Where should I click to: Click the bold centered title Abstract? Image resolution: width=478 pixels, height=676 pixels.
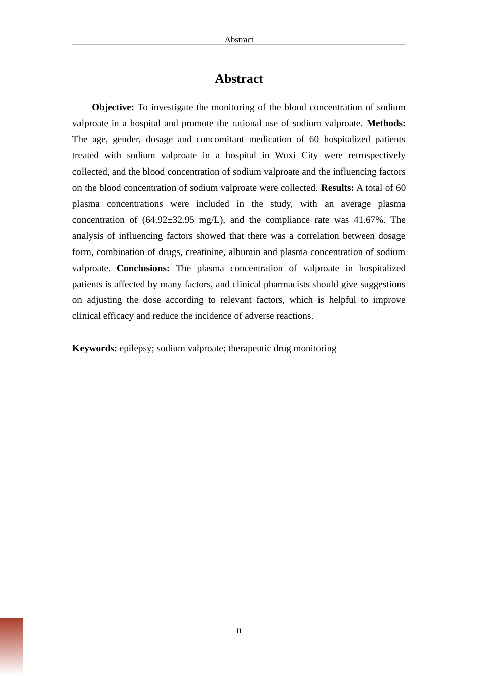click(x=238, y=79)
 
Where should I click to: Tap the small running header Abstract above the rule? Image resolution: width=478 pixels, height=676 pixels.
click(x=238, y=40)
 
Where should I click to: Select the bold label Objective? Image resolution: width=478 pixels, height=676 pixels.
click(x=113, y=107)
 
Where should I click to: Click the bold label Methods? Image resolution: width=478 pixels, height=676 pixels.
click(x=386, y=123)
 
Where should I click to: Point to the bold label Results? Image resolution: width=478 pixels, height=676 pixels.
click(x=337, y=188)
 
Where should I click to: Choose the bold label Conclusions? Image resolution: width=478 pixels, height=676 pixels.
click(x=143, y=268)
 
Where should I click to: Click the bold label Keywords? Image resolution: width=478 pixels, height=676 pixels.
click(x=95, y=348)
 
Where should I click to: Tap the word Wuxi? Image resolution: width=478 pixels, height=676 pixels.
click(x=285, y=155)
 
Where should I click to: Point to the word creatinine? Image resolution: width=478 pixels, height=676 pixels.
click(x=207, y=252)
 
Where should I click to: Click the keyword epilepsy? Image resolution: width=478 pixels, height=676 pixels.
click(x=136, y=348)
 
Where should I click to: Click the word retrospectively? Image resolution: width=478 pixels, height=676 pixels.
click(x=376, y=155)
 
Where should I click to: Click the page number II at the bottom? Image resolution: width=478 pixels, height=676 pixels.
click(x=239, y=631)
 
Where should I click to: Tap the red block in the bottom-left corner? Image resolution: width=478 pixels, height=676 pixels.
click(x=11, y=646)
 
